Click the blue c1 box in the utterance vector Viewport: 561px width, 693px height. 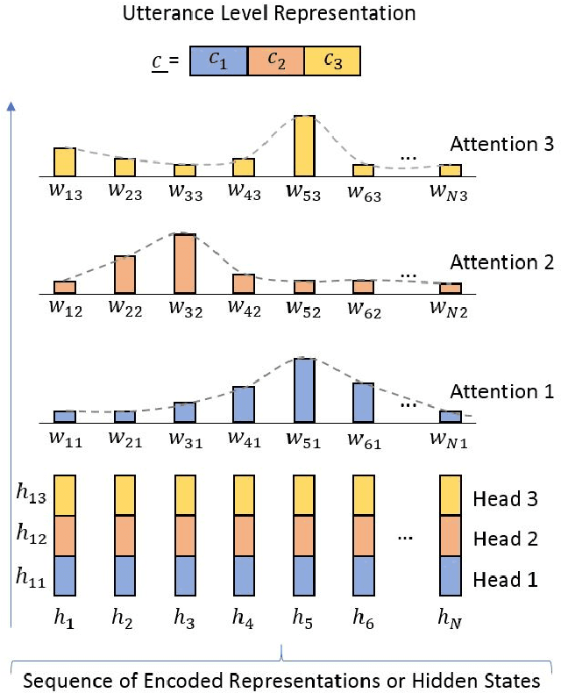click(219, 65)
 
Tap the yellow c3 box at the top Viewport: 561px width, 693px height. click(331, 65)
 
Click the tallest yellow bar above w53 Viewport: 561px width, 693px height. click(304, 144)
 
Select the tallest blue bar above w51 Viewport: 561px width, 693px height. click(304, 390)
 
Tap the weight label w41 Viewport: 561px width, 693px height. click(244, 439)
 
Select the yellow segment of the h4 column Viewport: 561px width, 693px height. click(244, 495)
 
